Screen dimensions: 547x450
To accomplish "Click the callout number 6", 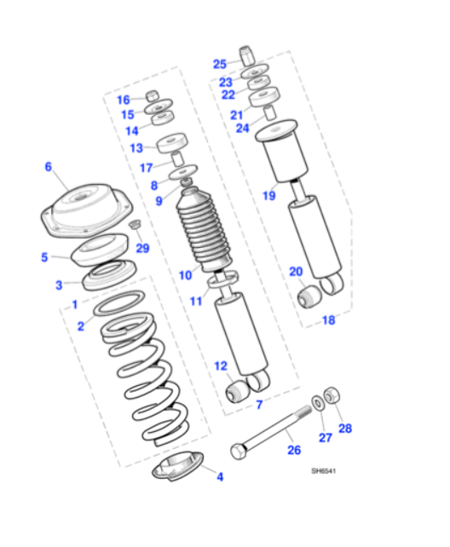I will point(49,167).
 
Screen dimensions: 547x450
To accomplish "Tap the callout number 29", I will point(142,248).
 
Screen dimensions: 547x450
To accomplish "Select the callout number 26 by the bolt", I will point(293,449).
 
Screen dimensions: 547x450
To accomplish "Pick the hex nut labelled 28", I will point(335,395).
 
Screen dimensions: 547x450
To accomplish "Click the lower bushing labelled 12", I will point(238,390).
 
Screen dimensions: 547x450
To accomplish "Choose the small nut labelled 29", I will point(135,226).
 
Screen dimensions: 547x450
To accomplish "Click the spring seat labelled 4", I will point(179,465).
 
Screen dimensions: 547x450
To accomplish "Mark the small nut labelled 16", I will point(153,95).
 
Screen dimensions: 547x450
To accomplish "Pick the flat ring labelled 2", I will point(118,302).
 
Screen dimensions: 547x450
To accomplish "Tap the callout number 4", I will point(219,477).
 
